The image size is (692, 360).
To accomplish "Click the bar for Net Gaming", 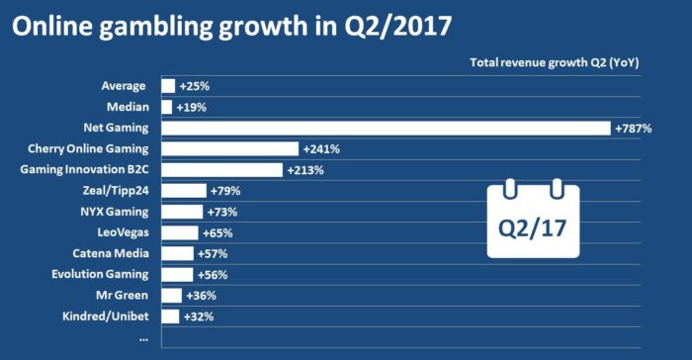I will [386, 128].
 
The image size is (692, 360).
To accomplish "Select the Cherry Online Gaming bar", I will [229, 148].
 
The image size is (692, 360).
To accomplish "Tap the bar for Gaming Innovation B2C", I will [222, 169].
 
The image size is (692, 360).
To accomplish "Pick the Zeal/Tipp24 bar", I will [184, 191].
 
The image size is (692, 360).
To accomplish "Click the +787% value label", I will [633, 128].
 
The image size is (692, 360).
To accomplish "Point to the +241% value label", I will [321, 148].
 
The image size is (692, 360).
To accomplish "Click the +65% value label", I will [218, 232].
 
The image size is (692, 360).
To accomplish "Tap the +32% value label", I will [198, 316].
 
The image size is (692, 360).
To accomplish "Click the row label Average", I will [125, 86].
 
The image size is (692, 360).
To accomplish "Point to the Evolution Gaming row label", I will [102, 274].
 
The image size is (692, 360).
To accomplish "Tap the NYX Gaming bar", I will [182, 212].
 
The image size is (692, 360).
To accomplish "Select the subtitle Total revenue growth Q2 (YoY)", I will [554, 63].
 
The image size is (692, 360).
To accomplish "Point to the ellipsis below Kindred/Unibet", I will [144, 338].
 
